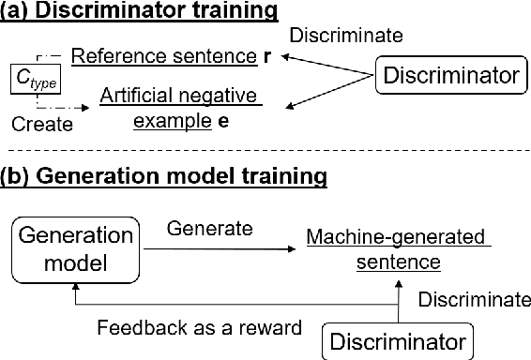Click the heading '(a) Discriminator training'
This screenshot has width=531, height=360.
coord(141,12)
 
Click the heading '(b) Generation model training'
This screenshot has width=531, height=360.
coord(164,175)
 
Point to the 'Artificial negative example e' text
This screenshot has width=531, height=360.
coord(179,107)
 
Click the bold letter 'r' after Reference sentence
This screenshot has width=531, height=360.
coord(268,55)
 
